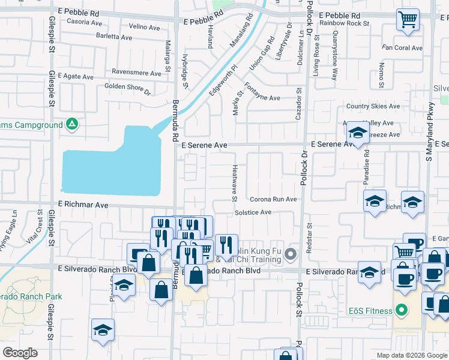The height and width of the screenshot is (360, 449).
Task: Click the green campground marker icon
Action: click(x=72, y=124)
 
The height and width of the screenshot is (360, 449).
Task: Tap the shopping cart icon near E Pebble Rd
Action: click(x=408, y=19)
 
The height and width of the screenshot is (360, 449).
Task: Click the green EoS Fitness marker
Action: click(x=402, y=311)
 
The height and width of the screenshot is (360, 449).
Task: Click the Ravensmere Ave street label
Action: click(x=136, y=73)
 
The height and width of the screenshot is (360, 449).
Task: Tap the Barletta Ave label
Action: click(x=114, y=37)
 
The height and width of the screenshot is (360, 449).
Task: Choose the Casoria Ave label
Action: click(x=85, y=22)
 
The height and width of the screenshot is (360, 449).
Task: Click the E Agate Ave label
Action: click(x=71, y=77)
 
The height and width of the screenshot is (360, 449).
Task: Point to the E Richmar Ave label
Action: click(x=83, y=205)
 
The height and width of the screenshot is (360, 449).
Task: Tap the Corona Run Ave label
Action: click(x=273, y=199)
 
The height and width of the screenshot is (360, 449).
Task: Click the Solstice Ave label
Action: click(x=253, y=212)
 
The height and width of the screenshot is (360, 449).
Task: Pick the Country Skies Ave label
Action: click(x=373, y=106)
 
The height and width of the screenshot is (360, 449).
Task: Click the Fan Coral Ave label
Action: click(x=402, y=47)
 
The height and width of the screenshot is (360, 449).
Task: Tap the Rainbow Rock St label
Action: click(x=345, y=23)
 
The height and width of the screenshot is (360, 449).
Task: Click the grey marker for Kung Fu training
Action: click(x=291, y=254)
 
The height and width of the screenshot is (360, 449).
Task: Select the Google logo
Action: click(x=20, y=353)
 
